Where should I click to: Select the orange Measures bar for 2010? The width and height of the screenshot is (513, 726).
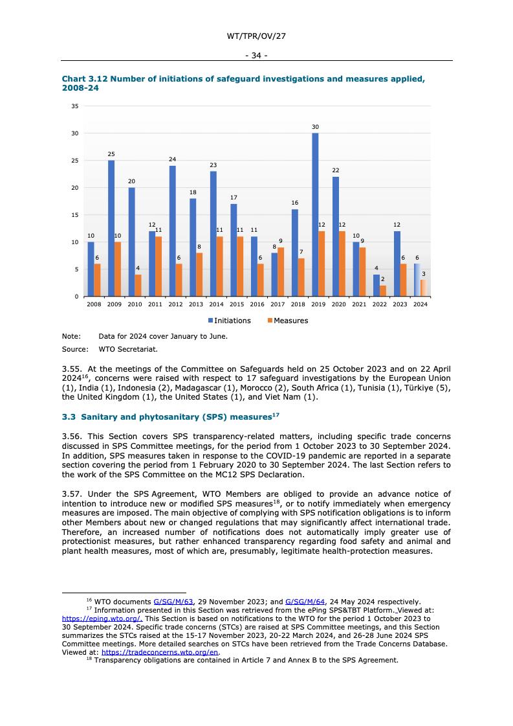138,286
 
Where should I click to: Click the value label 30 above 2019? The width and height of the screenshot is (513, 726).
315,127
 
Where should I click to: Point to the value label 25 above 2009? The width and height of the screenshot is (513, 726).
111,154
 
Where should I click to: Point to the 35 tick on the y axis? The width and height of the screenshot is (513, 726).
74,106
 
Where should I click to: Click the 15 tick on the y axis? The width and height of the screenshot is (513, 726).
74,215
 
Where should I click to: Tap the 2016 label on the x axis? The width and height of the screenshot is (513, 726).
257,304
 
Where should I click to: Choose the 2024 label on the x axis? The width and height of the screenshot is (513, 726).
420,304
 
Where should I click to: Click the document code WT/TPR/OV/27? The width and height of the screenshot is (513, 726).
256,36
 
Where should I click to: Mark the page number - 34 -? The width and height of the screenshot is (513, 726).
256,56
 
